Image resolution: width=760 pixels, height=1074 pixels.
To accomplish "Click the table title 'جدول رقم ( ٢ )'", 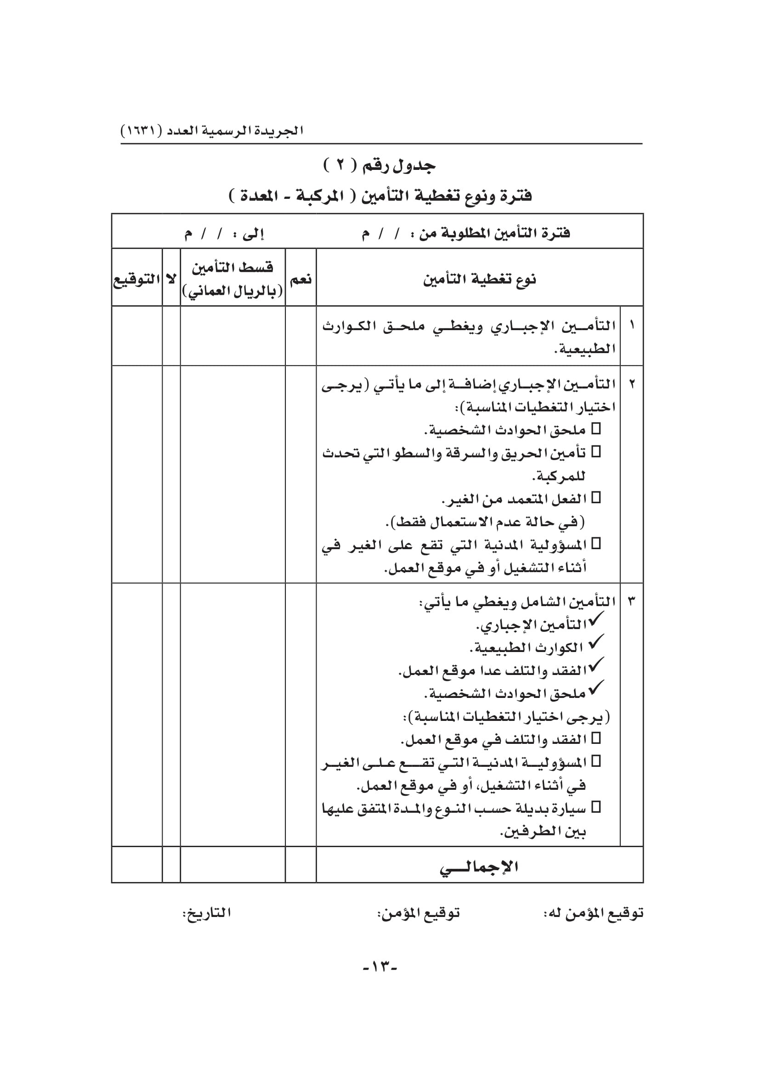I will click(380, 166).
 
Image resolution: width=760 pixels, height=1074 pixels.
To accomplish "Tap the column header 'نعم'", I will click(301, 280).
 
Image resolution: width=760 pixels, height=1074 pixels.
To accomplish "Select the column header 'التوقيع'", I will click(136, 280).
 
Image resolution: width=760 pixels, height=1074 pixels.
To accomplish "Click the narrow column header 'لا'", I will click(171, 280).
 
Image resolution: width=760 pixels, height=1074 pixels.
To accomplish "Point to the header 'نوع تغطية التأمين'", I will click(479, 280).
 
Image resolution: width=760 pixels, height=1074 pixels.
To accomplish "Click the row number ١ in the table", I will click(631, 324).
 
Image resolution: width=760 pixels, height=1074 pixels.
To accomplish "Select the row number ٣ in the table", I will click(631, 601).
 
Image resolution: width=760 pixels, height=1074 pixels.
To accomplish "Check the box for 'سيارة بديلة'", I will click(596, 807).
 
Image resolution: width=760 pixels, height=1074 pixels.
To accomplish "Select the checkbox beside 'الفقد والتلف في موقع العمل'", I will click(596, 738).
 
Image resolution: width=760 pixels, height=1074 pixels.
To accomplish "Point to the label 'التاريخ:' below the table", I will click(206, 913).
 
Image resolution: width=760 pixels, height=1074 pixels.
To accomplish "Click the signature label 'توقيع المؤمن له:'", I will click(593, 913).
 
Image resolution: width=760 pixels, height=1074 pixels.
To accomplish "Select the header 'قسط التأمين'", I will click(233, 268).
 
